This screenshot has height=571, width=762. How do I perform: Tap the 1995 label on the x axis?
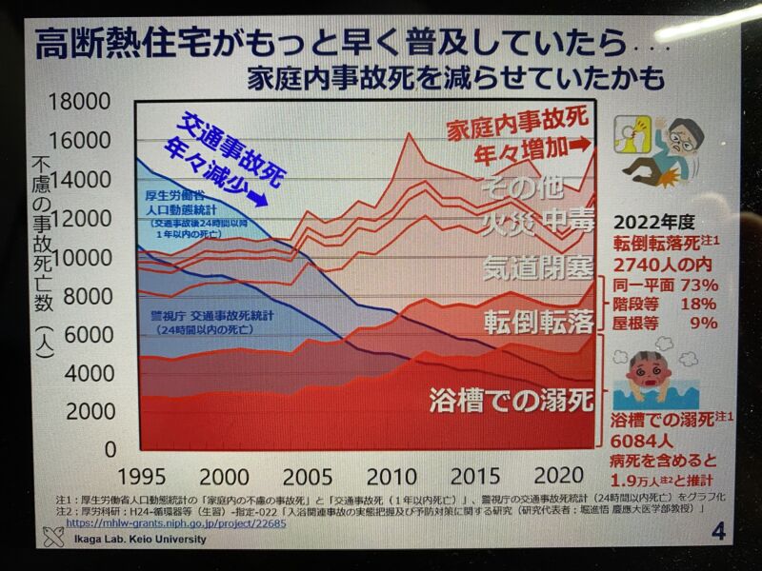pos(144,475)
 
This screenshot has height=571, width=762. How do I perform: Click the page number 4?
pos(716,531)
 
